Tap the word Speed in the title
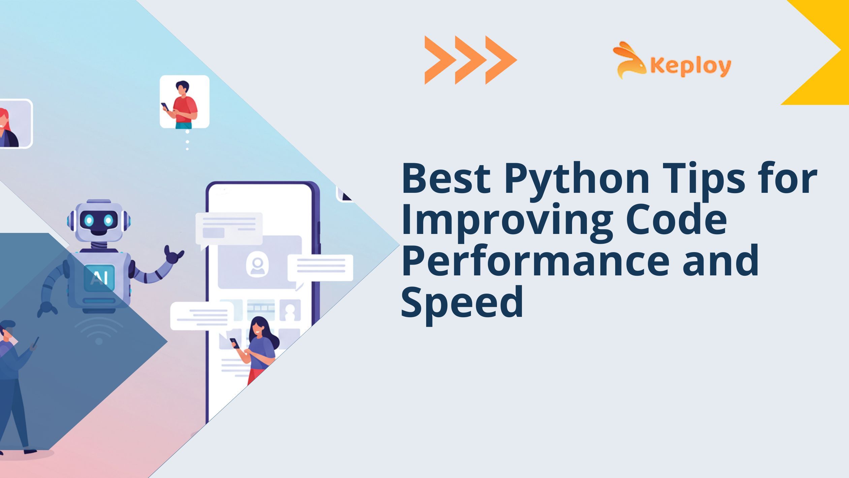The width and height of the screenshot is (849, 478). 462,302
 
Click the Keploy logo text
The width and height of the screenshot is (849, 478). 690,66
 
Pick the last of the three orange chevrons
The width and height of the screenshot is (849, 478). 500,60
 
